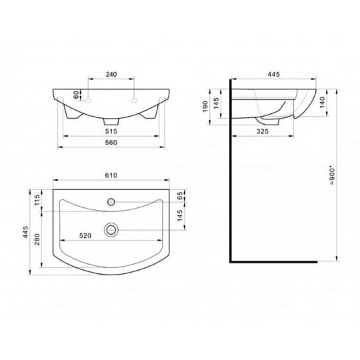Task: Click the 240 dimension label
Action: click(x=111, y=75)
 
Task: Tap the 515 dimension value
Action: click(x=111, y=131)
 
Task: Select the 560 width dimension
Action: click(x=111, y=143)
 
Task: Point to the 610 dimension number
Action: click(x=111, y=175)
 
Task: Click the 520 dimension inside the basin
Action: click(x=85, y=236)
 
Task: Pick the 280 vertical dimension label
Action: click(x=37, y=239)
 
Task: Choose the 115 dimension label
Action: click(x=37, y=200)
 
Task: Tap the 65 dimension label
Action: click(x=180, y=195)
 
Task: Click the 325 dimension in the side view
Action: click(x=263, y=131)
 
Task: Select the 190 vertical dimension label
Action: click(x=205, y=107)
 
